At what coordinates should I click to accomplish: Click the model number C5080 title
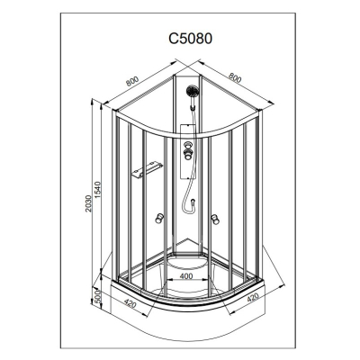191,39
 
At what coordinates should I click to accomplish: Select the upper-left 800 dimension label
132,81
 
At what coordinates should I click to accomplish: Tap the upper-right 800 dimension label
235,77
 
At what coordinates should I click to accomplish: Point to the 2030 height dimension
88,203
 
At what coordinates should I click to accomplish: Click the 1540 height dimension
98,191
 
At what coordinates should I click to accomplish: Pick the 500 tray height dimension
96,296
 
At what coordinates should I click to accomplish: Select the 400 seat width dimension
186,276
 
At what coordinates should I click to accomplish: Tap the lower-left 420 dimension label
130,304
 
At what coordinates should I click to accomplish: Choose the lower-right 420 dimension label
252,298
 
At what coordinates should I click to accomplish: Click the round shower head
192,91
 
